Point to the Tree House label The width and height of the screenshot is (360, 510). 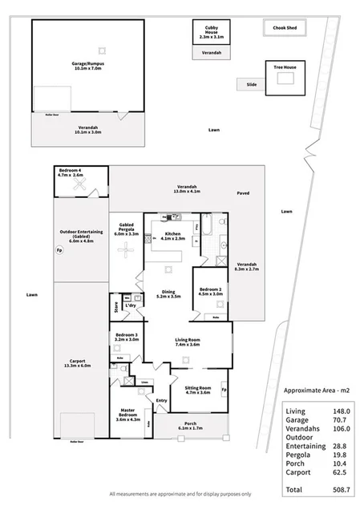click(284, 67)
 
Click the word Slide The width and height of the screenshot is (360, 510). click(251, 83)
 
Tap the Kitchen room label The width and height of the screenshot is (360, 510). click(173, 236)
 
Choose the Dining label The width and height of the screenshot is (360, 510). click(168, 294)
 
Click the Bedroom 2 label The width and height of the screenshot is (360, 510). click(210, 291)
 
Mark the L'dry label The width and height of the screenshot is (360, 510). click(130, 306)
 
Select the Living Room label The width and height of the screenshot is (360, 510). click(187, 342)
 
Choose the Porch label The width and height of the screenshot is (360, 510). click(190, 426)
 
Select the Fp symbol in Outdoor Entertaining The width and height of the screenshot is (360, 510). click(59, 250)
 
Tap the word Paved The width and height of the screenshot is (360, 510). click(243, 194)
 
